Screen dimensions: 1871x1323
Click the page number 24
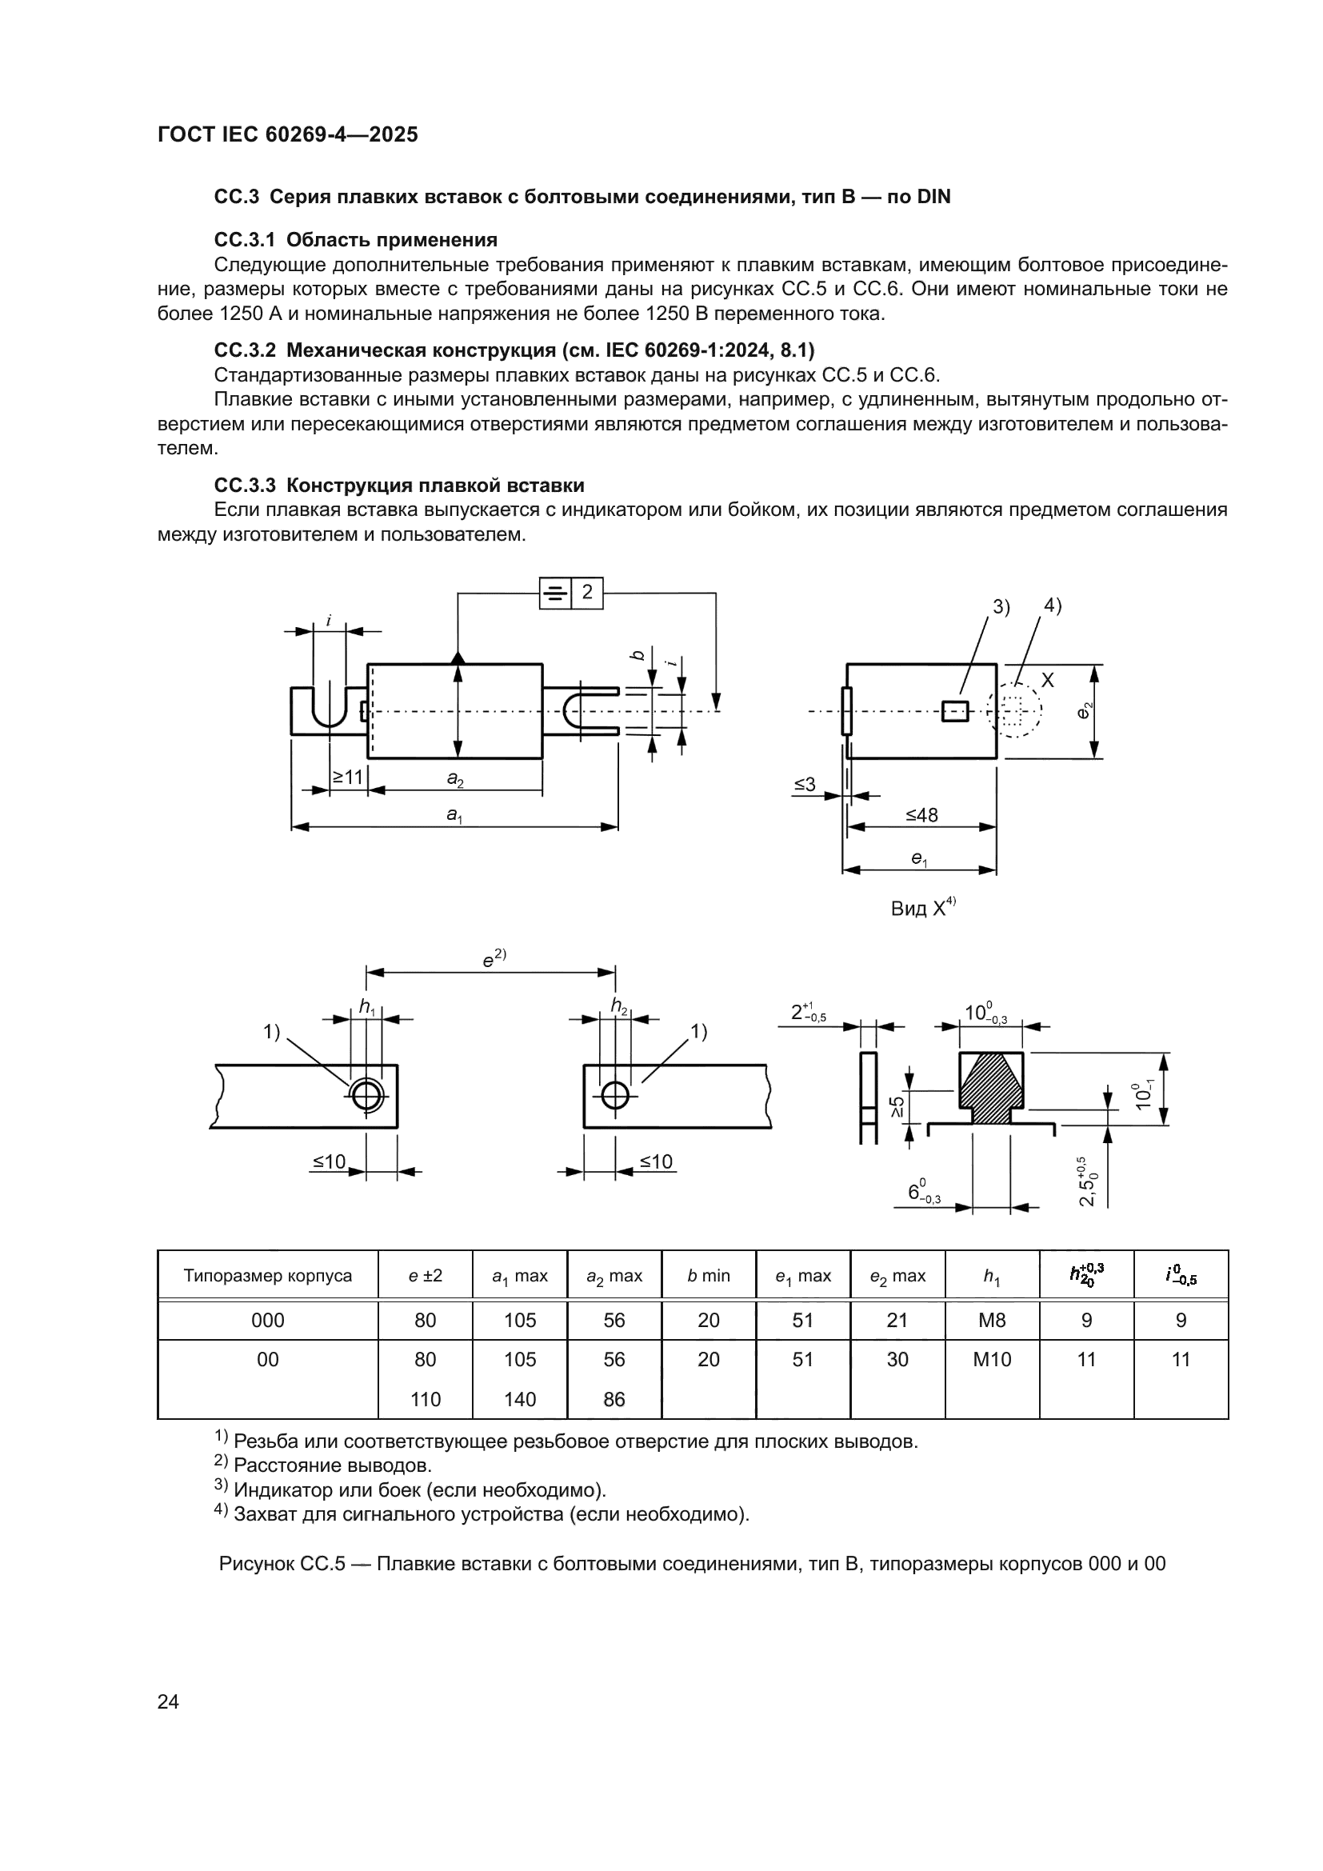point(168,1701)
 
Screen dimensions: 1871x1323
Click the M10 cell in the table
point(991,1359)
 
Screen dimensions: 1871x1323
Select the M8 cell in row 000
point(991,1320)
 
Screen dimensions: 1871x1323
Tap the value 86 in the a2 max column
point(614,1399)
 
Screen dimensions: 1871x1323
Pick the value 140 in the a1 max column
point(520,1399)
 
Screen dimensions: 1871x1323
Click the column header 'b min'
point(708,1276)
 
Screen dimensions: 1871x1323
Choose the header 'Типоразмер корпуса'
point(267,1276)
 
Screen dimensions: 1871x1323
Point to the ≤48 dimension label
point(921,815)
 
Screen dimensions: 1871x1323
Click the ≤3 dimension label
point(804,785)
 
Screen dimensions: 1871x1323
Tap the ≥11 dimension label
point(348,778)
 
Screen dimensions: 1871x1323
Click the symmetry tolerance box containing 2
point(571,593)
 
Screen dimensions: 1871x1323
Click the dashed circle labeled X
point(1014,710)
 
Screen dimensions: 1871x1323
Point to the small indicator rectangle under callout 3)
point(955,710)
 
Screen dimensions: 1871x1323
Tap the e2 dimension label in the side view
point(1085,710)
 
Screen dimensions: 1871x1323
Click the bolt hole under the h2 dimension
point(615,1095)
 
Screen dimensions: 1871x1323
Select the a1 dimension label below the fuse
point(454,814)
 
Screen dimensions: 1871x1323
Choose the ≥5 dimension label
point(897,1105)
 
